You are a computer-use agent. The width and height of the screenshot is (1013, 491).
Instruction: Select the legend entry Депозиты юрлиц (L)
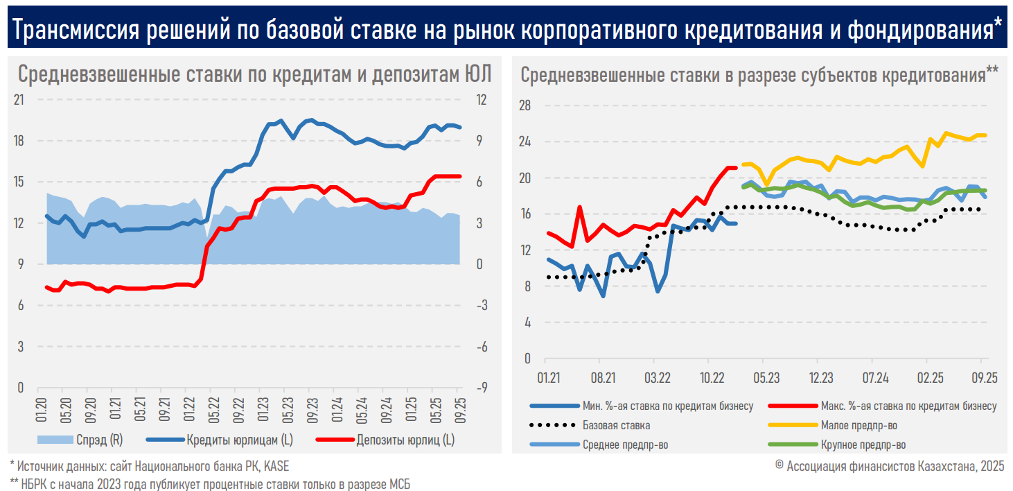(x=405, y=439)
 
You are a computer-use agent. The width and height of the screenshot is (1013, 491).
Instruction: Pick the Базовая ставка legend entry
(x=616, y=425)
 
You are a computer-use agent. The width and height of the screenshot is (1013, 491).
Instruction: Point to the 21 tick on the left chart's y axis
(x=19, y=100)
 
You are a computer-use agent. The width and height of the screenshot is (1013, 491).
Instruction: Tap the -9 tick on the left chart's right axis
(x=479, y=388)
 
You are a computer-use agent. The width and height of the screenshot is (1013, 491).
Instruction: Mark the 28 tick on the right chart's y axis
(x=525, y=105)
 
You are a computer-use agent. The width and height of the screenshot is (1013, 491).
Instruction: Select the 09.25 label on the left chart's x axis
(x=459, y=406)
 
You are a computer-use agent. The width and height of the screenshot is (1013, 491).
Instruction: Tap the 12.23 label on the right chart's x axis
(x=821, y=378)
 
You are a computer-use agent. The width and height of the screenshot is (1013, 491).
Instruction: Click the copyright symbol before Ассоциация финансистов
(x=779, y=466)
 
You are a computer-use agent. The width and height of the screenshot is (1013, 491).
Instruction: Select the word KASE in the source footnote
(x=276, y=466)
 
